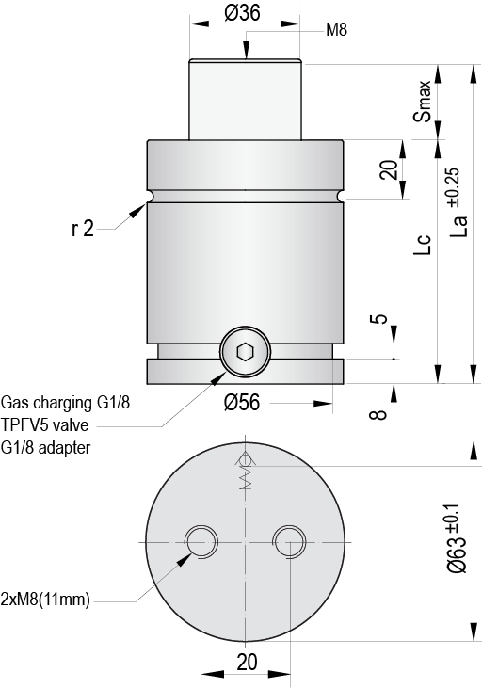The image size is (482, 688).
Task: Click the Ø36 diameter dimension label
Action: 244,13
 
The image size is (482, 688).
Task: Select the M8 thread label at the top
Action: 336,30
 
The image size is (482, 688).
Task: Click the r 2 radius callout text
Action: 82,229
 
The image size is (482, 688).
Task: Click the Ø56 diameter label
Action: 243,404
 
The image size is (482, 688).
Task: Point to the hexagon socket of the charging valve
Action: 246,353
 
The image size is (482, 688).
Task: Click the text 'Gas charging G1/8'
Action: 66,403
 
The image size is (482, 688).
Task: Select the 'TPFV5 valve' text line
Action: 45,425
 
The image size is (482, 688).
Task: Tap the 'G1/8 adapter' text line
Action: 47,448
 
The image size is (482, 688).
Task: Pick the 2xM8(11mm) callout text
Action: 46,600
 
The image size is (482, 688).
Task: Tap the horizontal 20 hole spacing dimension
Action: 247,662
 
